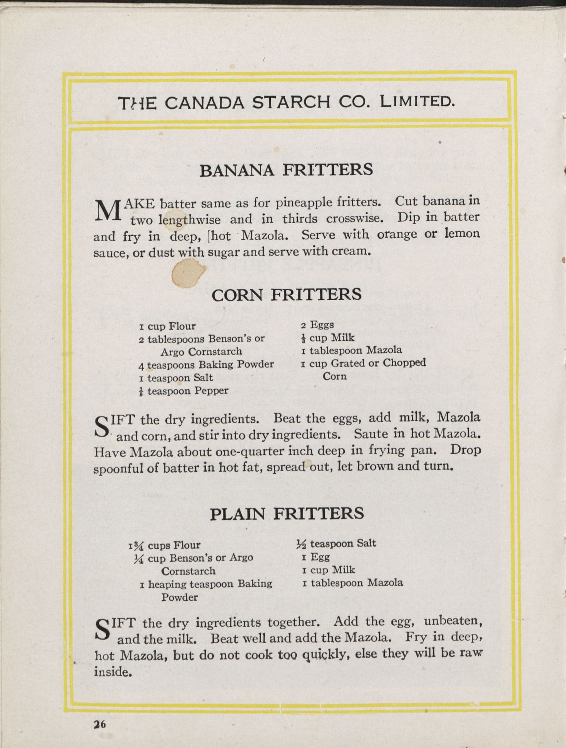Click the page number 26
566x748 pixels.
tap(99, 724)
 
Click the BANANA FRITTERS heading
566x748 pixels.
tap(286, 170)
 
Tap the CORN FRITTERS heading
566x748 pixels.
tap(286, 295)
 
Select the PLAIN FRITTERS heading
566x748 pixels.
tap(287, 514)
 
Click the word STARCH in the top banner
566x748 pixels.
tap(291, 102)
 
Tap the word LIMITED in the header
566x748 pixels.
tap(417, 102)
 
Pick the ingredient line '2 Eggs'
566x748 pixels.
tap(317, 325)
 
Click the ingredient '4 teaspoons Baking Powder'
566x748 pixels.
tap(206, 365)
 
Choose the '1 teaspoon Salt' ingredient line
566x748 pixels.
tap(176, 378)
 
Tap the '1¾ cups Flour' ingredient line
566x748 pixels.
tap(165, 545)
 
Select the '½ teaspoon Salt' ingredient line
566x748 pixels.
tap(336, 544)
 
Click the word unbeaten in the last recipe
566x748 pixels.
tap(452, 621)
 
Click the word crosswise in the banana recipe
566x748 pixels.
tap(355, 218)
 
